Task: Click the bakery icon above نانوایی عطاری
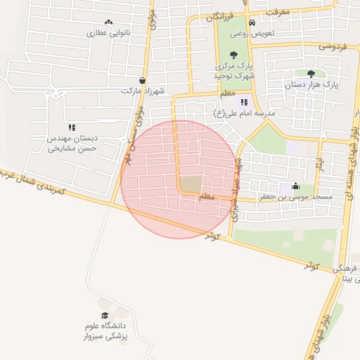(x=108, y=22)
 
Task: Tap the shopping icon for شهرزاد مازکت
(x=143, y=80)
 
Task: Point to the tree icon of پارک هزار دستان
(x=311, y=73)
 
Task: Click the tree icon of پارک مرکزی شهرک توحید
(x=234, y=56)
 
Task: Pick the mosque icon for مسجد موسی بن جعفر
(x=295, y=187)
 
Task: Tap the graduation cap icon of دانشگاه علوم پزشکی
(x=104, y=316)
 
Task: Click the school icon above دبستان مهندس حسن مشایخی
(x=72, y=127)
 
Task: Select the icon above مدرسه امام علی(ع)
(x=245, y=103)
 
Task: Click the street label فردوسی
(x=335, y=46)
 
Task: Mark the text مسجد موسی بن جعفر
(x=305, y=198)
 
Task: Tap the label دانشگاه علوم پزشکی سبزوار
(x=105, y=332)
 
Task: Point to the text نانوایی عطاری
(x=105, y=33)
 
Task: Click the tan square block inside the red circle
(x=190, y=185)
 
